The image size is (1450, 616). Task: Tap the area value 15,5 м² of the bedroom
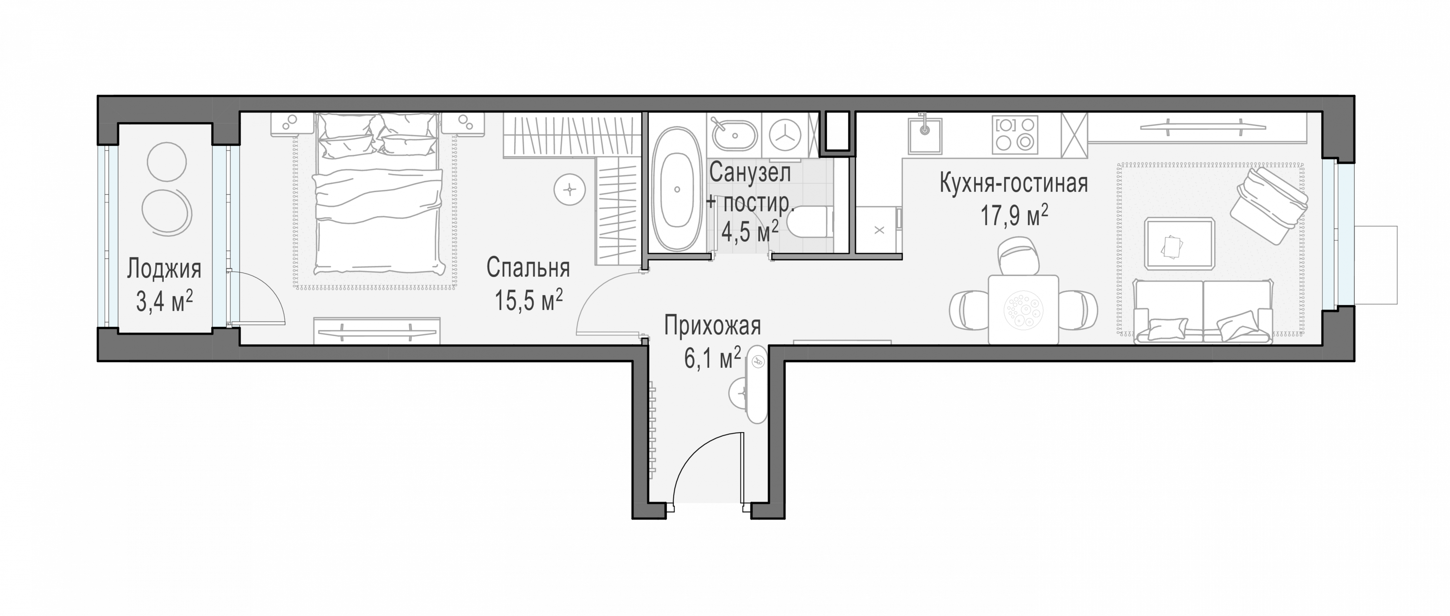point(529,300)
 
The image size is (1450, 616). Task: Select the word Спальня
point(528,268)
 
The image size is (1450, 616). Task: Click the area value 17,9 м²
point(1014,215)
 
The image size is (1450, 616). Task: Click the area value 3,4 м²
point(164,302)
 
